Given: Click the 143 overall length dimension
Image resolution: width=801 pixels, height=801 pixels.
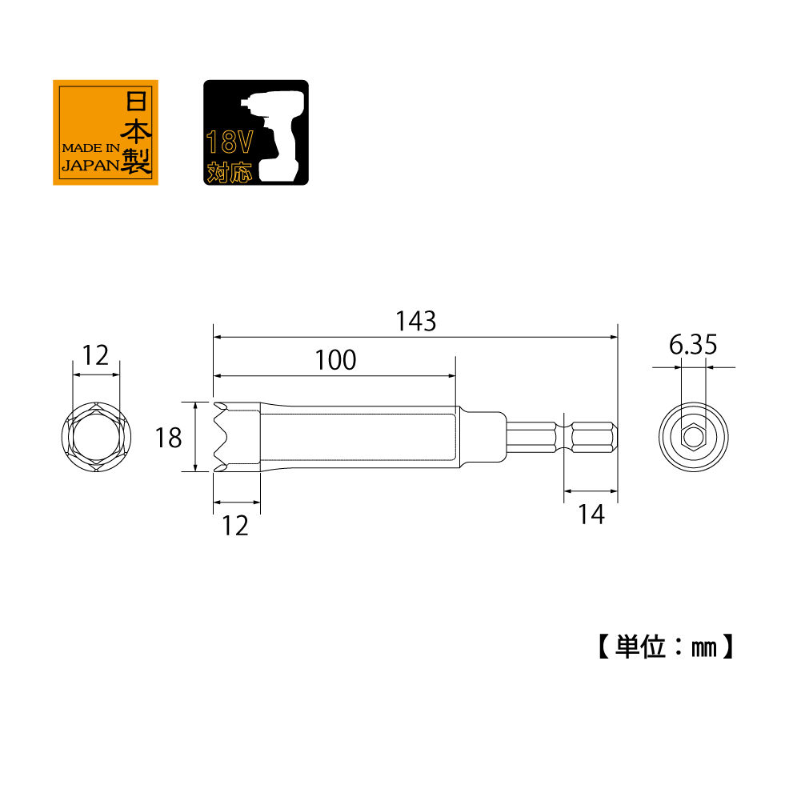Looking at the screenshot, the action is click(416, 322).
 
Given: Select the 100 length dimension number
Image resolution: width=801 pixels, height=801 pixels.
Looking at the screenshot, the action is click(335, 359).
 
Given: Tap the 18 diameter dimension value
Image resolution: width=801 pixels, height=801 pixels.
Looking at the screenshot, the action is click(168, 438).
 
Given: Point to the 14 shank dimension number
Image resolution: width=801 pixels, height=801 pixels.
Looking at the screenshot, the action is click(591, 515).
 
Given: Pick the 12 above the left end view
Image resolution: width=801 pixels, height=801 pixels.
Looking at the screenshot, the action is click(95, 355).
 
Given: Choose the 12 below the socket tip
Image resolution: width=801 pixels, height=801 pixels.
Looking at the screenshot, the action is click(235, 526).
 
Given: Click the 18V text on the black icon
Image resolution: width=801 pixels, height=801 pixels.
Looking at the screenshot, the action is click(230, 142).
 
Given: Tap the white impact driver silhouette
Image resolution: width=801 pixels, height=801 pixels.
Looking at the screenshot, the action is click(274, 136).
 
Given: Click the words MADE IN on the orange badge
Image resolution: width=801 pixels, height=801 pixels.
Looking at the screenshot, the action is click(91, 148).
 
